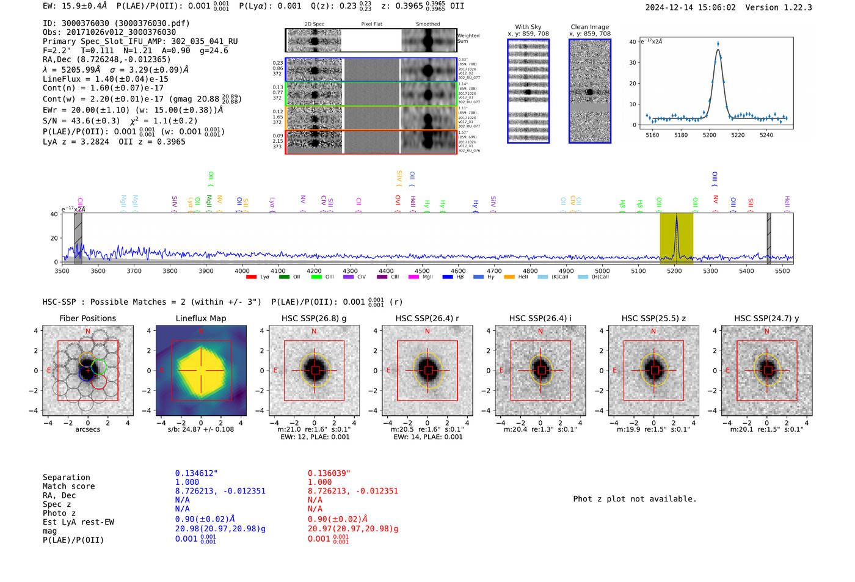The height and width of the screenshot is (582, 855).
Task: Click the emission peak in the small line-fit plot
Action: [718, 44]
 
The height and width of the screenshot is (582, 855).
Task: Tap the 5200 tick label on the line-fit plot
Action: [710, 135]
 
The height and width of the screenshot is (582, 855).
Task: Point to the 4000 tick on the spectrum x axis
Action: [242, 271]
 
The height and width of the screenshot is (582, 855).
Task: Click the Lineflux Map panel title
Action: [201, 318]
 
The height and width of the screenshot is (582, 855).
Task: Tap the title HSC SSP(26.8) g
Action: [314, 318]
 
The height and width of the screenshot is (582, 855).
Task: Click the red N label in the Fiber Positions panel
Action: [88, 332]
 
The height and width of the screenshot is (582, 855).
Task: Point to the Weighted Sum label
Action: [468, 38]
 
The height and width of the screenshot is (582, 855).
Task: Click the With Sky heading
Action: [528, 27]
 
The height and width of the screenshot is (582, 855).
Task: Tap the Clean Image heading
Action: [590, 27]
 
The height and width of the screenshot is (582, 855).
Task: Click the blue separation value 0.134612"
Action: [196, 473]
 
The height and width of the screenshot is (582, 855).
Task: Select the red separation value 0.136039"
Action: [329, 473]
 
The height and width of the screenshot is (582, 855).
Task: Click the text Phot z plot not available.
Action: [635, 499]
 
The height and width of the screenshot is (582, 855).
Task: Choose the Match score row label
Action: [69, 487]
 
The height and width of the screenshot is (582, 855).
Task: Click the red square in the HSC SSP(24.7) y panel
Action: [768, 371]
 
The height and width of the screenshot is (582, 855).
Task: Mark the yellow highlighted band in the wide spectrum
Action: [676, 238]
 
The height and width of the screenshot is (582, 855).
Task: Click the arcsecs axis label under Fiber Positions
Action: [88, 429]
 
